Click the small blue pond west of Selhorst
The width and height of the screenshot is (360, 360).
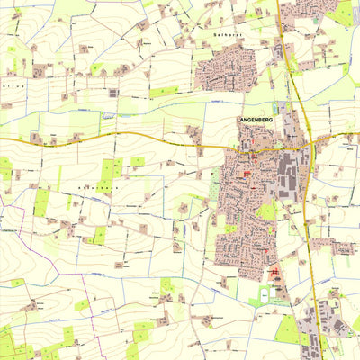(x=109, y=115)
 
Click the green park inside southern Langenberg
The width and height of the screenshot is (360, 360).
(x=265, y=211)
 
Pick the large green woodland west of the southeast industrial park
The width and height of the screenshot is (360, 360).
(x=287, y=328)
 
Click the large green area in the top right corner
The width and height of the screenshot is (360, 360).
(x=344, y=13)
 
